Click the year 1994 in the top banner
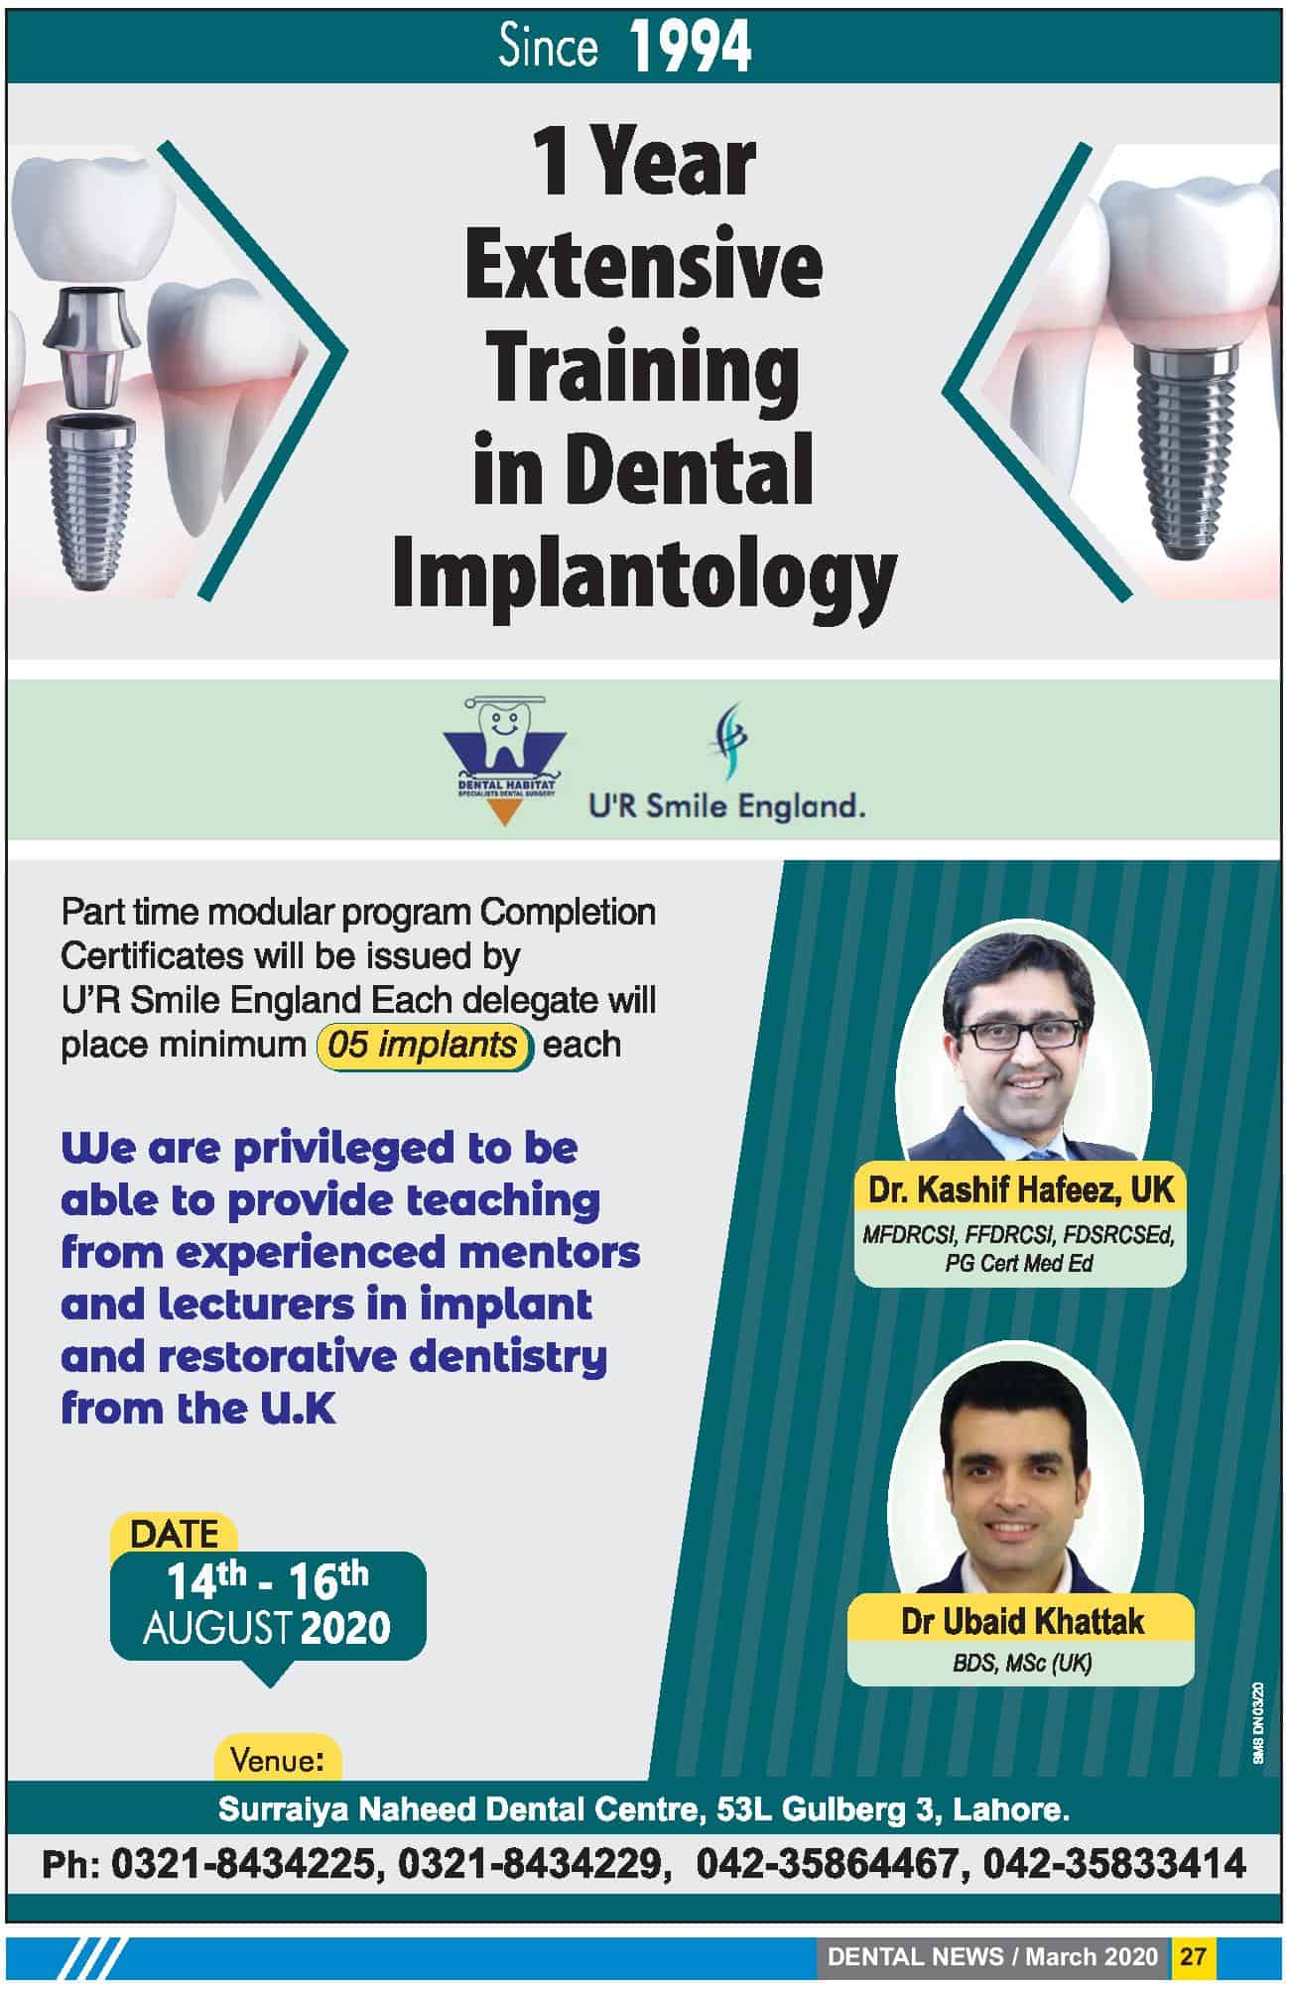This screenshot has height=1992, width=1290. click(x=691, y=48)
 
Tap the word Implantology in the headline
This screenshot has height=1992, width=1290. click(x=645, y=577)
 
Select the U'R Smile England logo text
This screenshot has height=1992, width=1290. click(x=727, y=806)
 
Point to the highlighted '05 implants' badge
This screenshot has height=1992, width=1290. click(x=424, y=1045)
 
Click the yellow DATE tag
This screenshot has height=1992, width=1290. click(x=174, y=1534)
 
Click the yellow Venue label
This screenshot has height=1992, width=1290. click(x=278, y=1760)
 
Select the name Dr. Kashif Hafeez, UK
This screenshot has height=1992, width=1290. click(x=1021, y=1189)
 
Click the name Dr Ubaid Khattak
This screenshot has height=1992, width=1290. click(x=1022, y=1621)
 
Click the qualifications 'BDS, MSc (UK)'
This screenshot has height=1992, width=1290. click(x=1022, y=1663)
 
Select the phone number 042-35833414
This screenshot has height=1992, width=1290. click(x=1114, y=1864)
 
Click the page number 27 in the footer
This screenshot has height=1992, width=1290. click(x=1193, y=1956)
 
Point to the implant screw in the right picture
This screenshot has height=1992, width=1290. click(x=1188, y=446)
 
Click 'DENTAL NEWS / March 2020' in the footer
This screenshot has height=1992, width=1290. click(x=992, y=1956)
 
